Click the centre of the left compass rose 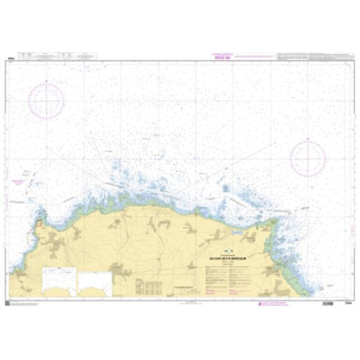click(x=46, y=101)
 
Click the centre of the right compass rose click(x=308, y=157)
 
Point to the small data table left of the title click(x=152, y=285)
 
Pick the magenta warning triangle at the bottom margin click(x=260, y=303)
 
